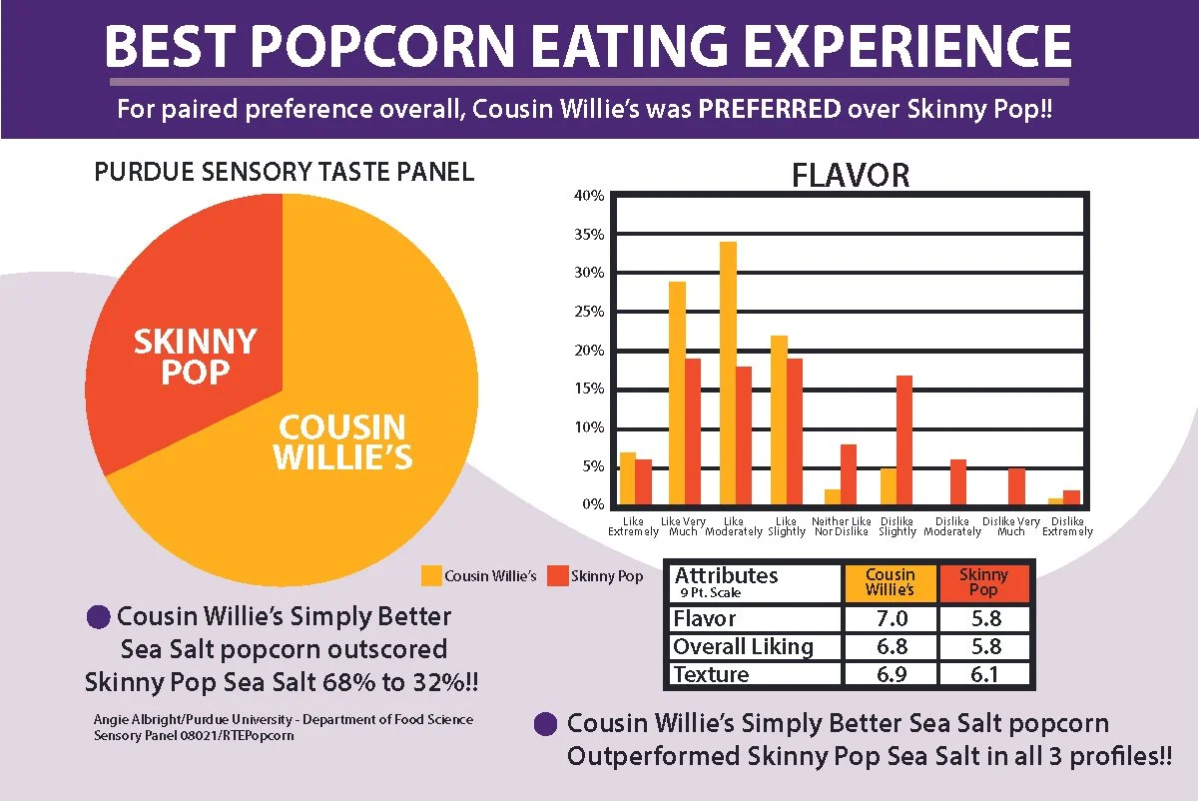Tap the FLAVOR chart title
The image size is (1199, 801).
pos(851,176)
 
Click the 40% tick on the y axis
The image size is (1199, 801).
pos(589,196)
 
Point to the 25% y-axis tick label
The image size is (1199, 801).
pos(589,312)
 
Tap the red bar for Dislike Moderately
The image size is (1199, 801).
pos(958,483)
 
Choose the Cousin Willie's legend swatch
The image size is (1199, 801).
pos(430,575)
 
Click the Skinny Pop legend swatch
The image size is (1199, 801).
pos(558,576)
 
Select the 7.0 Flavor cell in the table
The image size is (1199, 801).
pos(890,619)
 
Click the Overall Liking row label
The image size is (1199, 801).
pos(744,646)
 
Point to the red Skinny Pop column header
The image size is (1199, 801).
pos(982,582)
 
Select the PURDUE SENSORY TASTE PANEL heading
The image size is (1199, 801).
pos(284,173)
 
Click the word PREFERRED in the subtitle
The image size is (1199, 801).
pos(769,109)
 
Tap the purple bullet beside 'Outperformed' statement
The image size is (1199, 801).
pos(545,724)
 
